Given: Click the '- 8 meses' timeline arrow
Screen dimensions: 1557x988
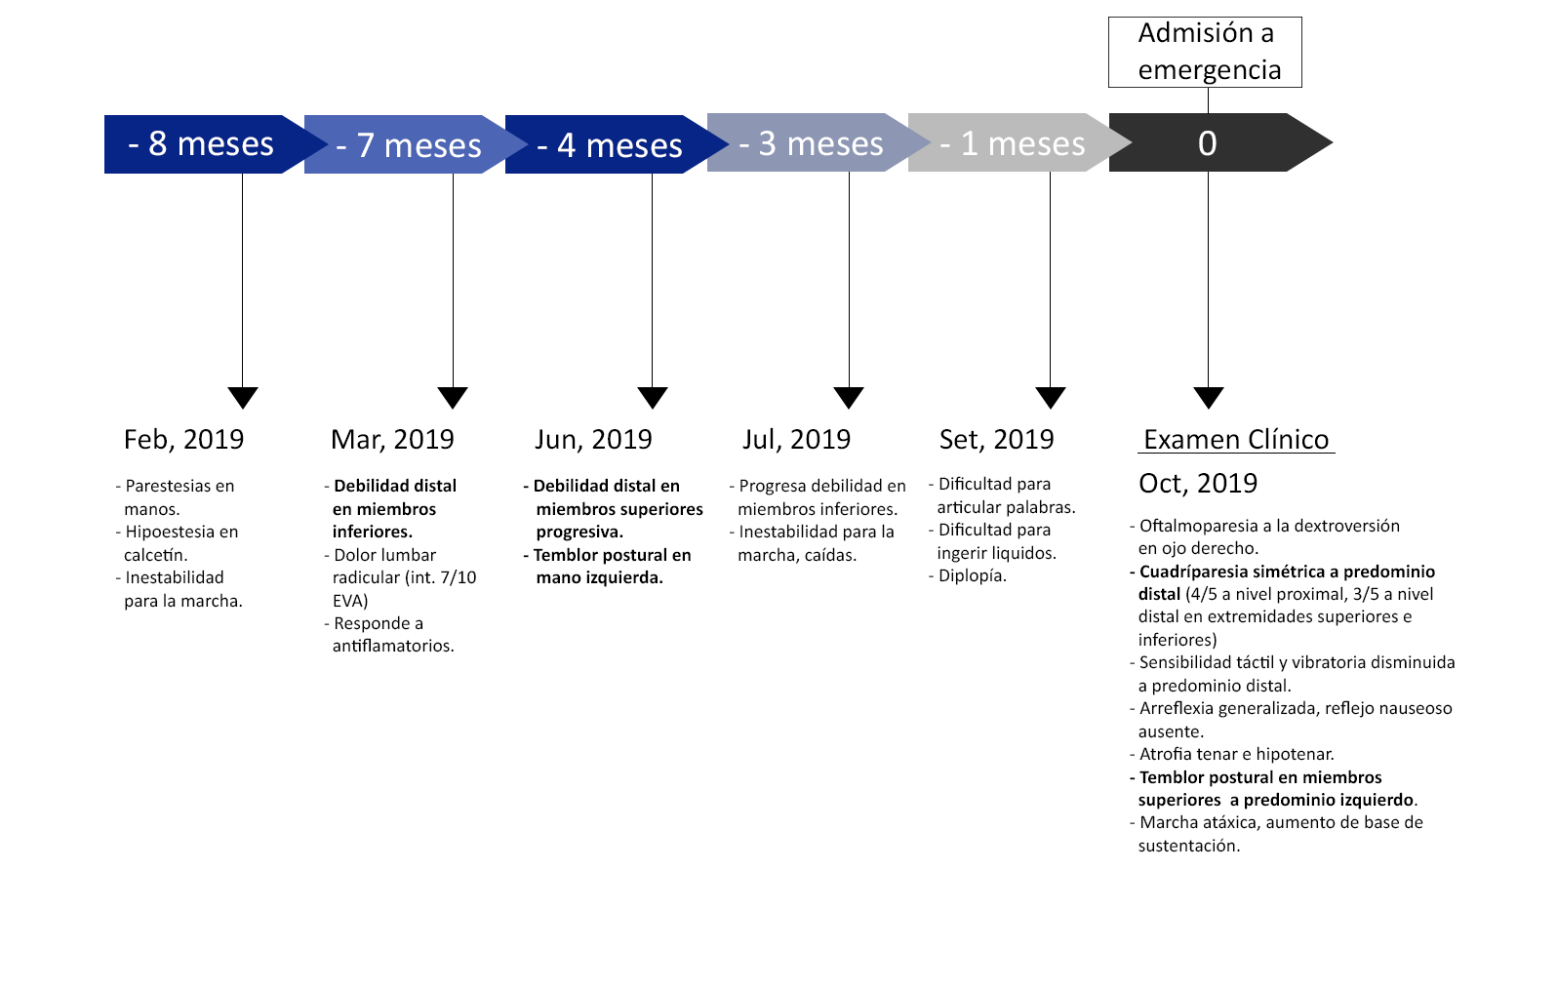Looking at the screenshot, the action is click(209, 143).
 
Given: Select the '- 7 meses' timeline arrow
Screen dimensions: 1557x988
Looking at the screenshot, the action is click(410, 143).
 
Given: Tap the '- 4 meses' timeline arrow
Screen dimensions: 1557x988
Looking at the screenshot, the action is click(612, 143).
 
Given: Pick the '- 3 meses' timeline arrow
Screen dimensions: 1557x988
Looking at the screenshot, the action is click(814, 142).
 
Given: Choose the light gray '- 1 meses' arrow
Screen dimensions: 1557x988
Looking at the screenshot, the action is click(1015, 142).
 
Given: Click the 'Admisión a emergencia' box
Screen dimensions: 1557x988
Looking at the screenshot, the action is click(1205, 52).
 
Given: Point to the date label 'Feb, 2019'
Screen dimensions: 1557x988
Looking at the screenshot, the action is click(183, 440).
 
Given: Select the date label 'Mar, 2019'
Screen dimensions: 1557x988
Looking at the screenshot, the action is click(392, 440).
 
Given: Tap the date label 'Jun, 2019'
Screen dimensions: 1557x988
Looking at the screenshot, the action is click(593, 440).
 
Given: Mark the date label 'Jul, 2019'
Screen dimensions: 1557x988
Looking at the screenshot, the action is click(797, 440).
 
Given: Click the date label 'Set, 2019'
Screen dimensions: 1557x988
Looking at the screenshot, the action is click(996, 440).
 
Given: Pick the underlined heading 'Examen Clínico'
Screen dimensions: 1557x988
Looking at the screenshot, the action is click(1236, 440).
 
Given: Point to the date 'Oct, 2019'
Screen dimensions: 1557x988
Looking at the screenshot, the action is click(1198, 484).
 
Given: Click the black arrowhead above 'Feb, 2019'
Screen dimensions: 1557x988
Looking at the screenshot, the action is click(243, 398).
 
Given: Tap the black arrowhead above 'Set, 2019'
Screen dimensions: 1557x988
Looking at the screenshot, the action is click(1051, 398).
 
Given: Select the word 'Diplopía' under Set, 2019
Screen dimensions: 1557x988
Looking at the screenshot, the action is click(973, 576).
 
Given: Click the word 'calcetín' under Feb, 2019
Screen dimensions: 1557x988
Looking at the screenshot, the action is click(156, 555).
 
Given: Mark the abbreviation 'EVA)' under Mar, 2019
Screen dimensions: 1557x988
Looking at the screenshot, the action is click(350, 601).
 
